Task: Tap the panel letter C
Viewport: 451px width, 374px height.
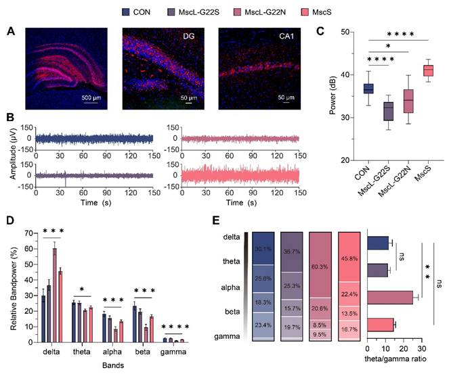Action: tap(322, 31)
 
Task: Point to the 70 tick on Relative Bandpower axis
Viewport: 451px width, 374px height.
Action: tap(28, 233)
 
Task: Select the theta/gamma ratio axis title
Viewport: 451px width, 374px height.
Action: tap(393, 360)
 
